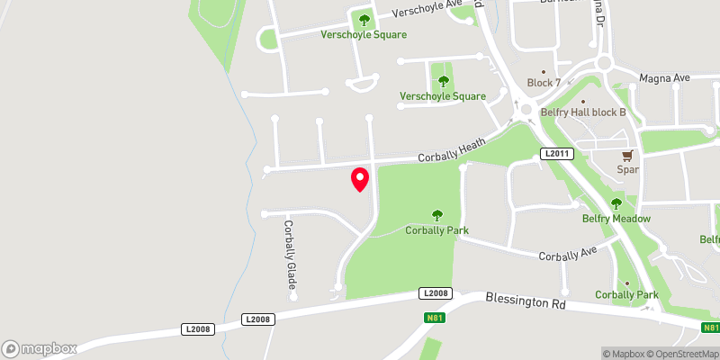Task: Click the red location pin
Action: pos(360,179)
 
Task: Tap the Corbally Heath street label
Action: pos(452,149)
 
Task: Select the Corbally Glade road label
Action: pos(290,259)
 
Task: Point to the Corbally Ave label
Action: pos(568,256)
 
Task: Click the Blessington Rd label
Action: pos(526,301)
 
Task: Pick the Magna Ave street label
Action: pos(664,79)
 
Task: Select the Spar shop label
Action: pos(627,169)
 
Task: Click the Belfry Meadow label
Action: pos(616,219)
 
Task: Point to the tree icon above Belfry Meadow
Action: pos(616,204)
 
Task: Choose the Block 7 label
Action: pos(544,83)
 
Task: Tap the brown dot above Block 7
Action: pos(544,70)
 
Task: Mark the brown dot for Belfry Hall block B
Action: pos(583,101)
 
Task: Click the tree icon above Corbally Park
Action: pos(437,215)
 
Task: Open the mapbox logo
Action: pos(40,348)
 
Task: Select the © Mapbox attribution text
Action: pos(625,354)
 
